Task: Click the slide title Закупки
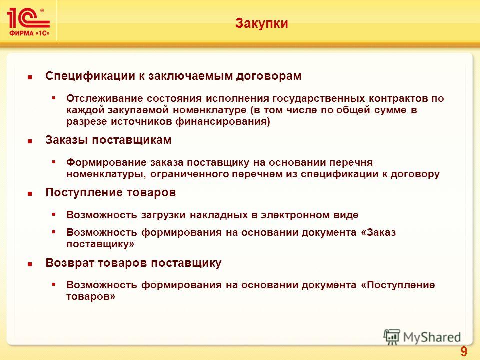click(x=261, y=23)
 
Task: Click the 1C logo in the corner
click(x=28, y=22)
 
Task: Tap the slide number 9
click(x=464, y=351)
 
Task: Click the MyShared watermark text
click(x=432, y=337)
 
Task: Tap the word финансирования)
click(x=223, y=122)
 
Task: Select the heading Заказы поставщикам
click(x=108, y=140)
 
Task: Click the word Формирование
click(x=106, y=162)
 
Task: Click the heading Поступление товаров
click(x=111, y=192)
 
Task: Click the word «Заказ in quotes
click(x=378, y=232)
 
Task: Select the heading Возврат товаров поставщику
click(x=133, y=263)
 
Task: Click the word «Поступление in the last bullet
click(x=398, y=285)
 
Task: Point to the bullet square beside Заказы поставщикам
click(x=30, y=141)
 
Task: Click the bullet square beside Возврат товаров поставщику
click(x=30, y=264)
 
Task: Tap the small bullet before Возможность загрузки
click(x=54, y=215)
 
